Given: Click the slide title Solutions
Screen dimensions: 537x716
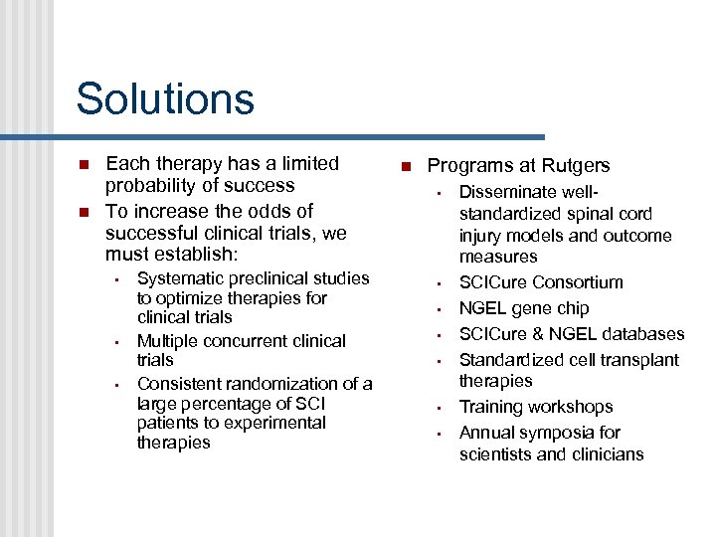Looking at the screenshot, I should pos(165,99).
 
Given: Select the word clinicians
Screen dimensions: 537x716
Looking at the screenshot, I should pos(604,454).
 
